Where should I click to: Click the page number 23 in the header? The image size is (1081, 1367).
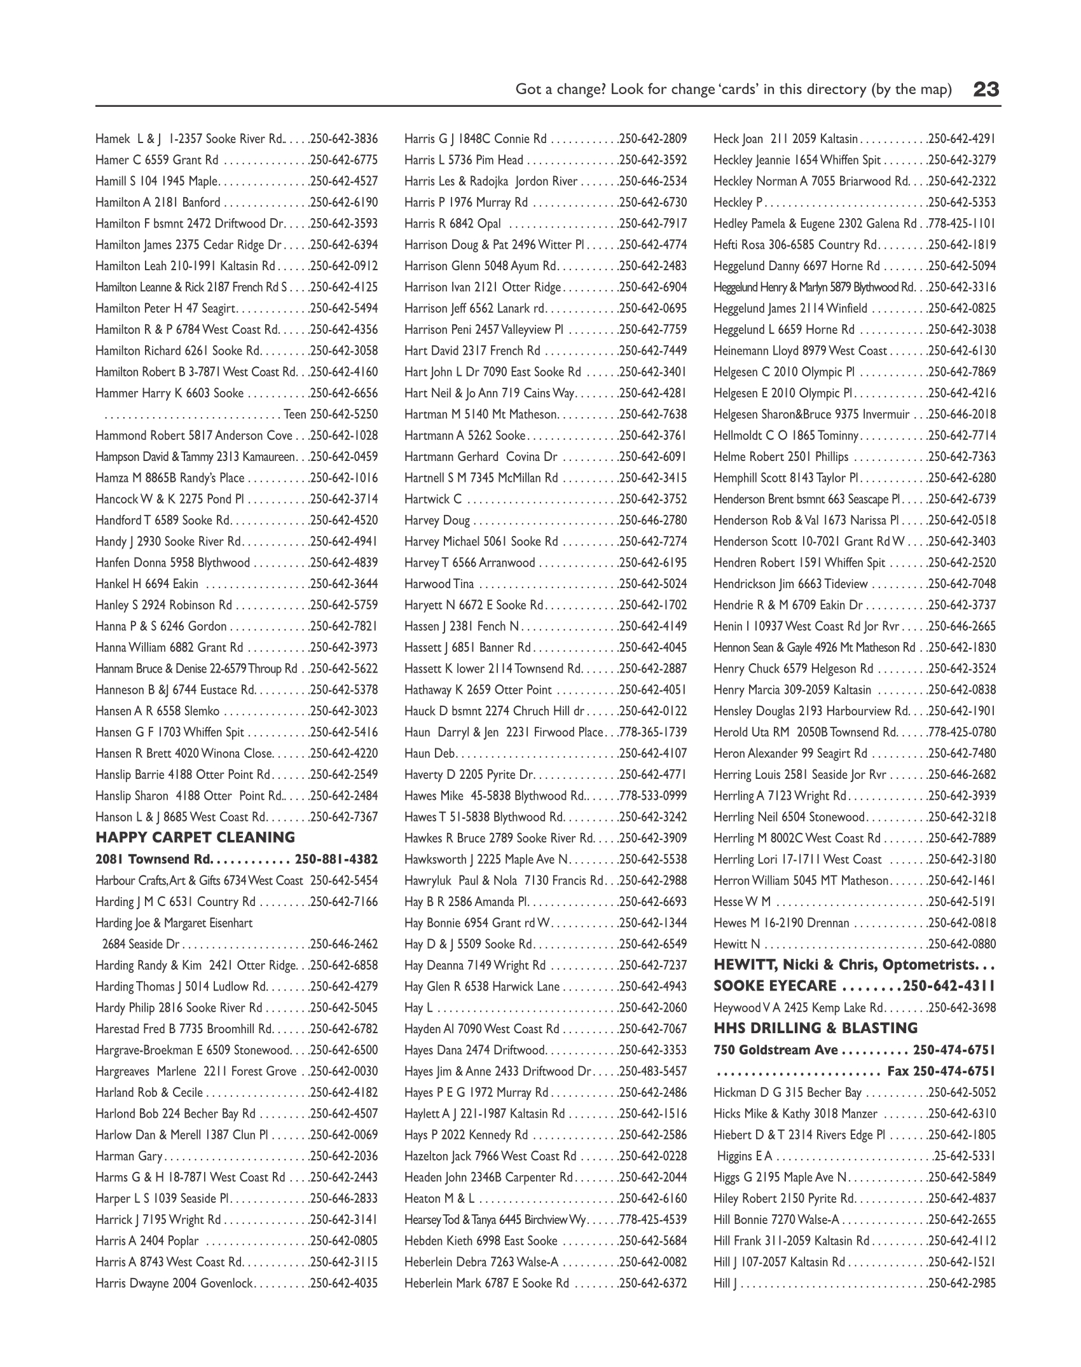click(986, 89)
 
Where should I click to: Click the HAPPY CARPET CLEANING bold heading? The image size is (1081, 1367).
click(195, 837)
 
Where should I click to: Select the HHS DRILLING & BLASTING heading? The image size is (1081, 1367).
click(815, 1028)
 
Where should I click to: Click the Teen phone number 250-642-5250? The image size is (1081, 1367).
click(344, 415)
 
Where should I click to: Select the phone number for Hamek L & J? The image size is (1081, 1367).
click(344, 139)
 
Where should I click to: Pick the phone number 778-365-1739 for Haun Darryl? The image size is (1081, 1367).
click(653, 732)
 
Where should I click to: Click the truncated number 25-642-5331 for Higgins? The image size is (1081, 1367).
click(965, 1156)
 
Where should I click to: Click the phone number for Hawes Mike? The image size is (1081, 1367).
click(653, 796)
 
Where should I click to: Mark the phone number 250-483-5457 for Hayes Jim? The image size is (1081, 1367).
click(653, 1071)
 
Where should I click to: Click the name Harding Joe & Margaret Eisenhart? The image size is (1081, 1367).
click(174, 923)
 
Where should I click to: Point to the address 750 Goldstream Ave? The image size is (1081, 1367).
click(775, 1050)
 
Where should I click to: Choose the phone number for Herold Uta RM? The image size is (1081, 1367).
click(962, 732)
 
